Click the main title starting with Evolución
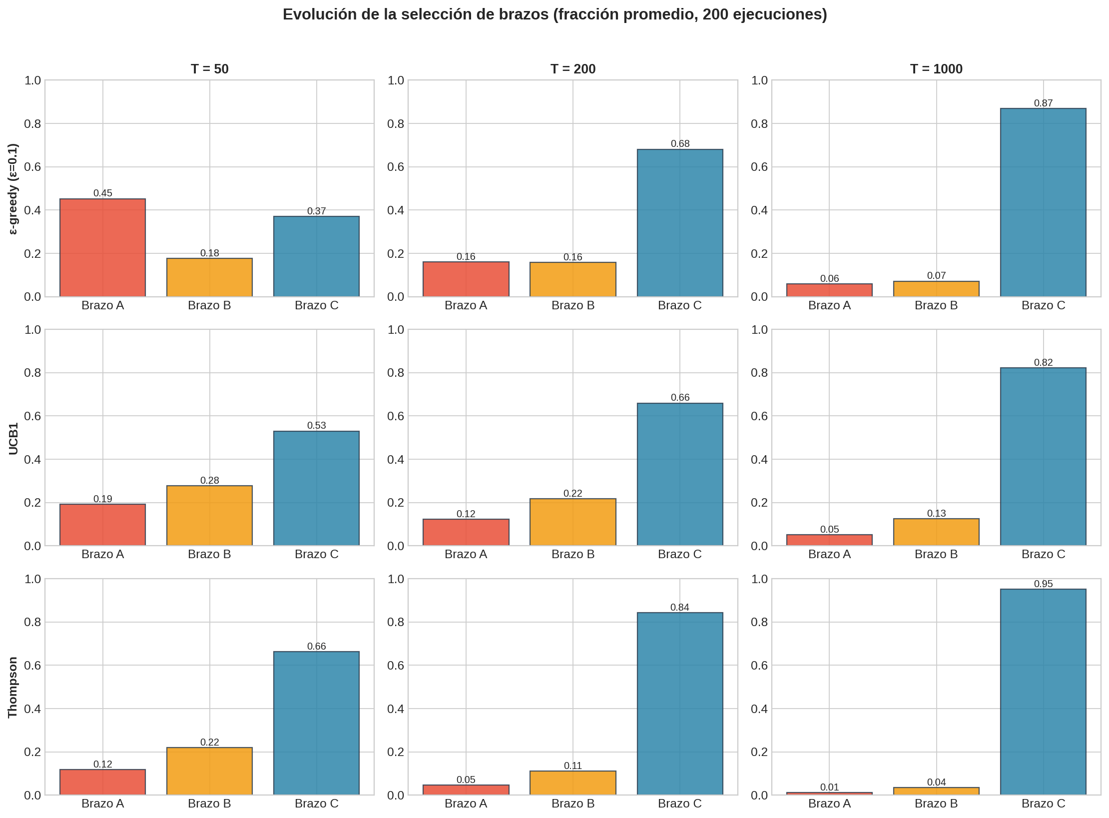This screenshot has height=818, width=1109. (554, 14)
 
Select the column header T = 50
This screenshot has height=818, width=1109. (209, 69)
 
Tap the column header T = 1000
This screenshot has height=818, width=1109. (936, 69)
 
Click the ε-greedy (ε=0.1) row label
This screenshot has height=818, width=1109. (13, 189)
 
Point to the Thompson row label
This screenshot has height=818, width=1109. (13, 687)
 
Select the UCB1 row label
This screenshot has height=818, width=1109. (13, 438)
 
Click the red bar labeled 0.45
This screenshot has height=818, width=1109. (102, 248)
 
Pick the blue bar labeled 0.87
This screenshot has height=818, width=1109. (1043, 202)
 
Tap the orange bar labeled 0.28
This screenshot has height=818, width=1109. (209, 515)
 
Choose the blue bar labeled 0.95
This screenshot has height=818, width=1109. (1043, 692)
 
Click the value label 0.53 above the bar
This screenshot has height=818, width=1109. (316, 425)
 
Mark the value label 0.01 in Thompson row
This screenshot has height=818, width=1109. (829, 787)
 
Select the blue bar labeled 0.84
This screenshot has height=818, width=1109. (679, 704)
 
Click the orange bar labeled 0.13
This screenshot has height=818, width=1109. (936, 532)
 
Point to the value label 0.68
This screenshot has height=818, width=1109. (679, 143)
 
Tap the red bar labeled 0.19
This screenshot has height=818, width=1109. (102, 525)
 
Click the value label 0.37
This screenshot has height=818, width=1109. (316, 211)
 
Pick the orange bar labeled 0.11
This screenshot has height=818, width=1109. (572, 783)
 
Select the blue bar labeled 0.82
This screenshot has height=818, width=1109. (1043, 456)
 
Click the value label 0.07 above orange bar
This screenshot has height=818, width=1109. (936, 275)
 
